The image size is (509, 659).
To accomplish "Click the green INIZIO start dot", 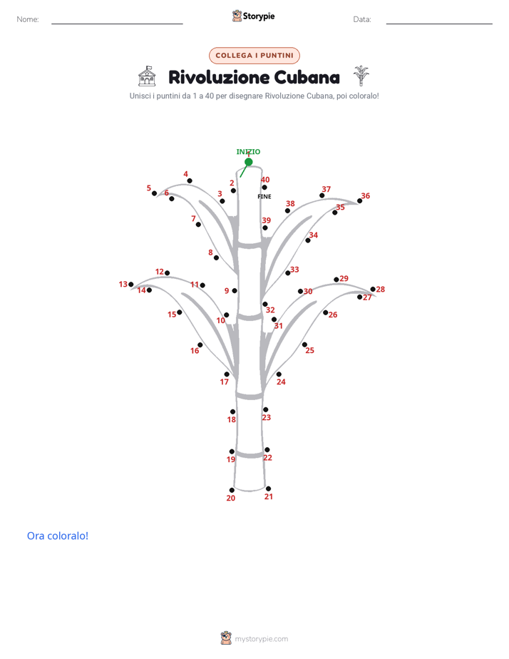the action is pyautogui.click(x=249, y=162).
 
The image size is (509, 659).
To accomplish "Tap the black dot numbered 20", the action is pyautogui.click(x=232, y=490).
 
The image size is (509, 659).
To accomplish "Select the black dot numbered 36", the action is pyautogui.click(x=359, y=201).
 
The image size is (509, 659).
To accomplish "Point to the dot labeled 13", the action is pyautogui.click(x=131, y=285).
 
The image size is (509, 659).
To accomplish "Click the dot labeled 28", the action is pyautogui.click(x=373, y=289).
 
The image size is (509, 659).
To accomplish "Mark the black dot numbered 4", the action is pyautogui.click(x=190, y=180).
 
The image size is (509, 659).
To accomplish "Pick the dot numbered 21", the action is pyautogui.click(x=268, y=489).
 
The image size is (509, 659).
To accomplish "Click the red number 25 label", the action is pyautogui.click(x=309, y=350).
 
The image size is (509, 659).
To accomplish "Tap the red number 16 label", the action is pyautogui.click(x=195, y=350).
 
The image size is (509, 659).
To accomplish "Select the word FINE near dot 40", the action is pyautogui.click(x=264, y=196).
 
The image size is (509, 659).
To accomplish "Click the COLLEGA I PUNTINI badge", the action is pyautogui.click(x=254, y=56).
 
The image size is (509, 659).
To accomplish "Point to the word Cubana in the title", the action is pyautogui.click(x=307, y=77).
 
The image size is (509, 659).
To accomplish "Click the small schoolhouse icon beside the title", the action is pyautogui.click(x=147, y=76).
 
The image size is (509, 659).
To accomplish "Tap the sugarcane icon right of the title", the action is pyautogui.click(x=361, y=76).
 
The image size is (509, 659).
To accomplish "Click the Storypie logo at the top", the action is pyautogui.click(x=253, y=16).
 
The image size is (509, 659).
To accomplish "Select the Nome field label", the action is pyautogui.click(x=28, y=19).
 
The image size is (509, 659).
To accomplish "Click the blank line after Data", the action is pyautogui.click(x=439, y=24).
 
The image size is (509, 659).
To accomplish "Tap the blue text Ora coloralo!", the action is pyautogui.click(x=58, y=536).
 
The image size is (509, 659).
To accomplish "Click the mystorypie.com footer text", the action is pyautogui.click(x=261, y=639).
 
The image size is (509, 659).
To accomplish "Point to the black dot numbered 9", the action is pyautogui.click(x=235, y=291).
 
